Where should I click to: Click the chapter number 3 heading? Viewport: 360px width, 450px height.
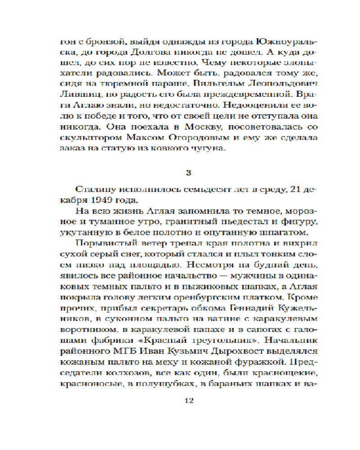coord(180,172)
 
